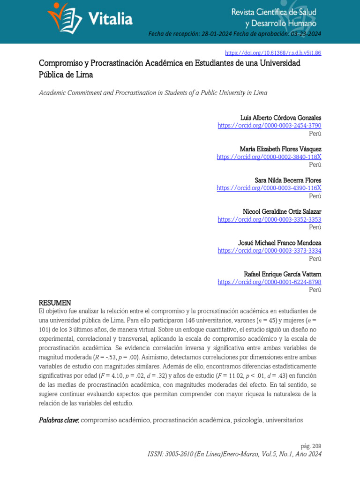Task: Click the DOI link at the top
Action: tap(273, 53)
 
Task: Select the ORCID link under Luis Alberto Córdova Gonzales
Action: tap(270, 126)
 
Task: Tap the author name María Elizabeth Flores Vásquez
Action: tap(280, 149)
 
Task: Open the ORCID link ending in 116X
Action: tap(269, 188)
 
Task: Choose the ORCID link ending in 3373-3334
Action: tap(270, 251)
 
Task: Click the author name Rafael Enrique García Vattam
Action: tap(283, 274)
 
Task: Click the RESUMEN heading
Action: tap(55, 303)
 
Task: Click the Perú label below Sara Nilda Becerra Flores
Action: tap(315, 196)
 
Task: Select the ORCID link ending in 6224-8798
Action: tap(270, 282)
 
